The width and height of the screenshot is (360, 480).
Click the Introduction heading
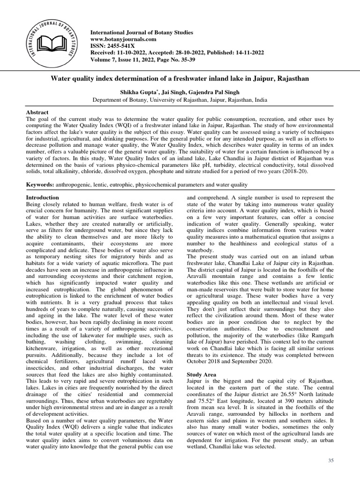point(42,198)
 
